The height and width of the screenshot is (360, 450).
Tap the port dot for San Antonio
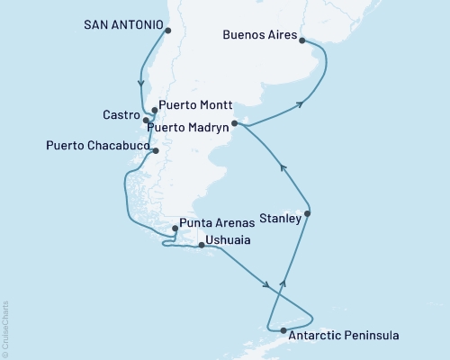point(167,31)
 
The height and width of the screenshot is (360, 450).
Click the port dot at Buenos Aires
point(301,40)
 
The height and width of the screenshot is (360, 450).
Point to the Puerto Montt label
point(192,103)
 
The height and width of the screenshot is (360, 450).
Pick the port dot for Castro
point(146,120)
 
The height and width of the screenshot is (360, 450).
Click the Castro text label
point(120,117)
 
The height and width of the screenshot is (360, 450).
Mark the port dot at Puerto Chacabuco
point(156,151)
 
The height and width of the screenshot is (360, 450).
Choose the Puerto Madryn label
point(191,127)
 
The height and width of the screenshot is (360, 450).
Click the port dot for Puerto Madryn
point(234,123)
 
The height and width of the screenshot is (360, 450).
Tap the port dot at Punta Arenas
point(175,229)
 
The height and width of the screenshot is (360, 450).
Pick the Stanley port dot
point(309,213)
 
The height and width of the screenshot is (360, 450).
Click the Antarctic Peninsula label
point(344,336)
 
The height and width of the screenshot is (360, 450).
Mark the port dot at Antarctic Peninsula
point(283,331)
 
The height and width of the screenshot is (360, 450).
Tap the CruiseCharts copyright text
point(5,328)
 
